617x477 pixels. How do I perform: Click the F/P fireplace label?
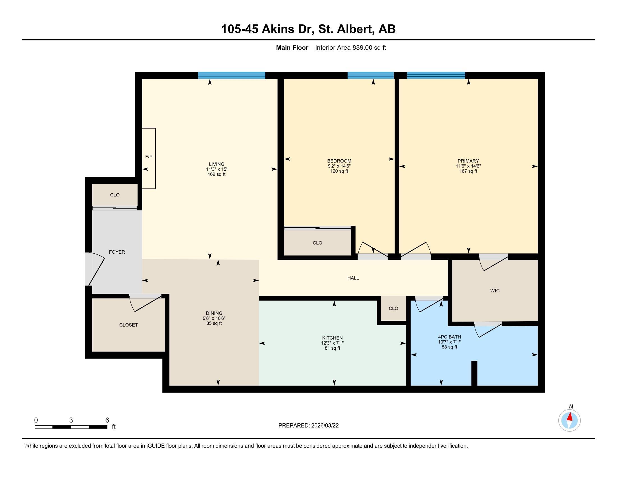[x=149, y=157]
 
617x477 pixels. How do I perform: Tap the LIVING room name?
[x=217, y=164]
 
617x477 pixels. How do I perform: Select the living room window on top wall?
[x=231, y=75]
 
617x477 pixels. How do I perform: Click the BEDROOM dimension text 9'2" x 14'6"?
[x=339, y=166]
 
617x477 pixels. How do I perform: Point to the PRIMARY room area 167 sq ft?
[x=468, y=171]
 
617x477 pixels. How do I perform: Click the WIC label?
[x=495, y=290]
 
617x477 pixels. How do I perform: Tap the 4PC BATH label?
[x=449, y=337]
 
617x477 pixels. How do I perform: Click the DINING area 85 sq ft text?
[x=214, y=323]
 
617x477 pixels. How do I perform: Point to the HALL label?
[x=353, y=278]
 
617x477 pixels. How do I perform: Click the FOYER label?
[x=117, y=252]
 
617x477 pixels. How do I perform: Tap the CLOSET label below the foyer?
[x=128, y=325]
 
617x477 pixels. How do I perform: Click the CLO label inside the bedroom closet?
[x=317, y=243]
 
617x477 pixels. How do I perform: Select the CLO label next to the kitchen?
[x=393, y=308]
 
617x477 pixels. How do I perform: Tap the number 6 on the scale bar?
[x=107, y=420]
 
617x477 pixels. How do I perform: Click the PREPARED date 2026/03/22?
[x=324, y=426]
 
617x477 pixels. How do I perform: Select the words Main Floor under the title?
[x=292, y=48]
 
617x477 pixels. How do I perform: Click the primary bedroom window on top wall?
[x=436, y=75]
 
